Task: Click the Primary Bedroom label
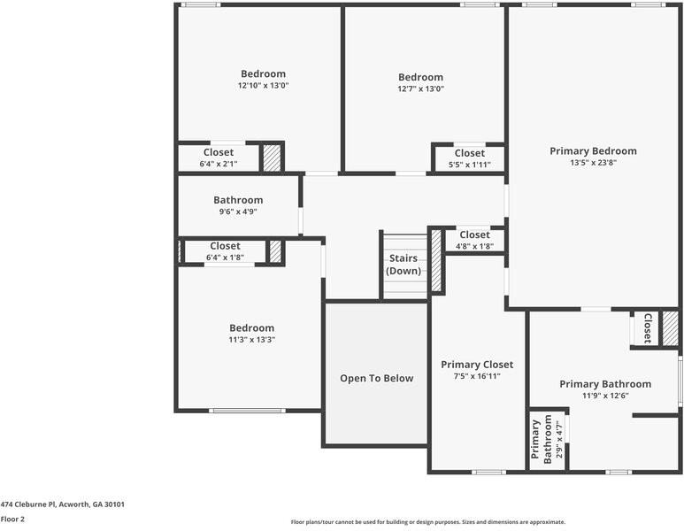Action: click(x=593, y=151)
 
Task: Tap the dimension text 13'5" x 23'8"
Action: click(x=593, y=163)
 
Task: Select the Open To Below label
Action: click(x=376, y=378)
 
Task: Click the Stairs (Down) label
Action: click(x=403, y=265)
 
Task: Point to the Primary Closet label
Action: click(x=477, y=365)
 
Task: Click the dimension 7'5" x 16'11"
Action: click(x=477, y=376)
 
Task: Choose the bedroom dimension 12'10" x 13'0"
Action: click(x=263, y=86)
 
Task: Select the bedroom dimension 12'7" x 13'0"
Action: click(x=420, y=88)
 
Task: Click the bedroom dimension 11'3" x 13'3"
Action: click(x=251, y=340)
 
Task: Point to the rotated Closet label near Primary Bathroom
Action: click(x=648, y=328)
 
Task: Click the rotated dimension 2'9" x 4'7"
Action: click(x=559, y=438)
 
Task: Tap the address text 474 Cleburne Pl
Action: click(x=28, y=504)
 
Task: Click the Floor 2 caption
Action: click(x=12, y=519)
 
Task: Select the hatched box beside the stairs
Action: click(x=436, y=260)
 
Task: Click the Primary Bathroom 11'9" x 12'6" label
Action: click(x=605, y=389)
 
